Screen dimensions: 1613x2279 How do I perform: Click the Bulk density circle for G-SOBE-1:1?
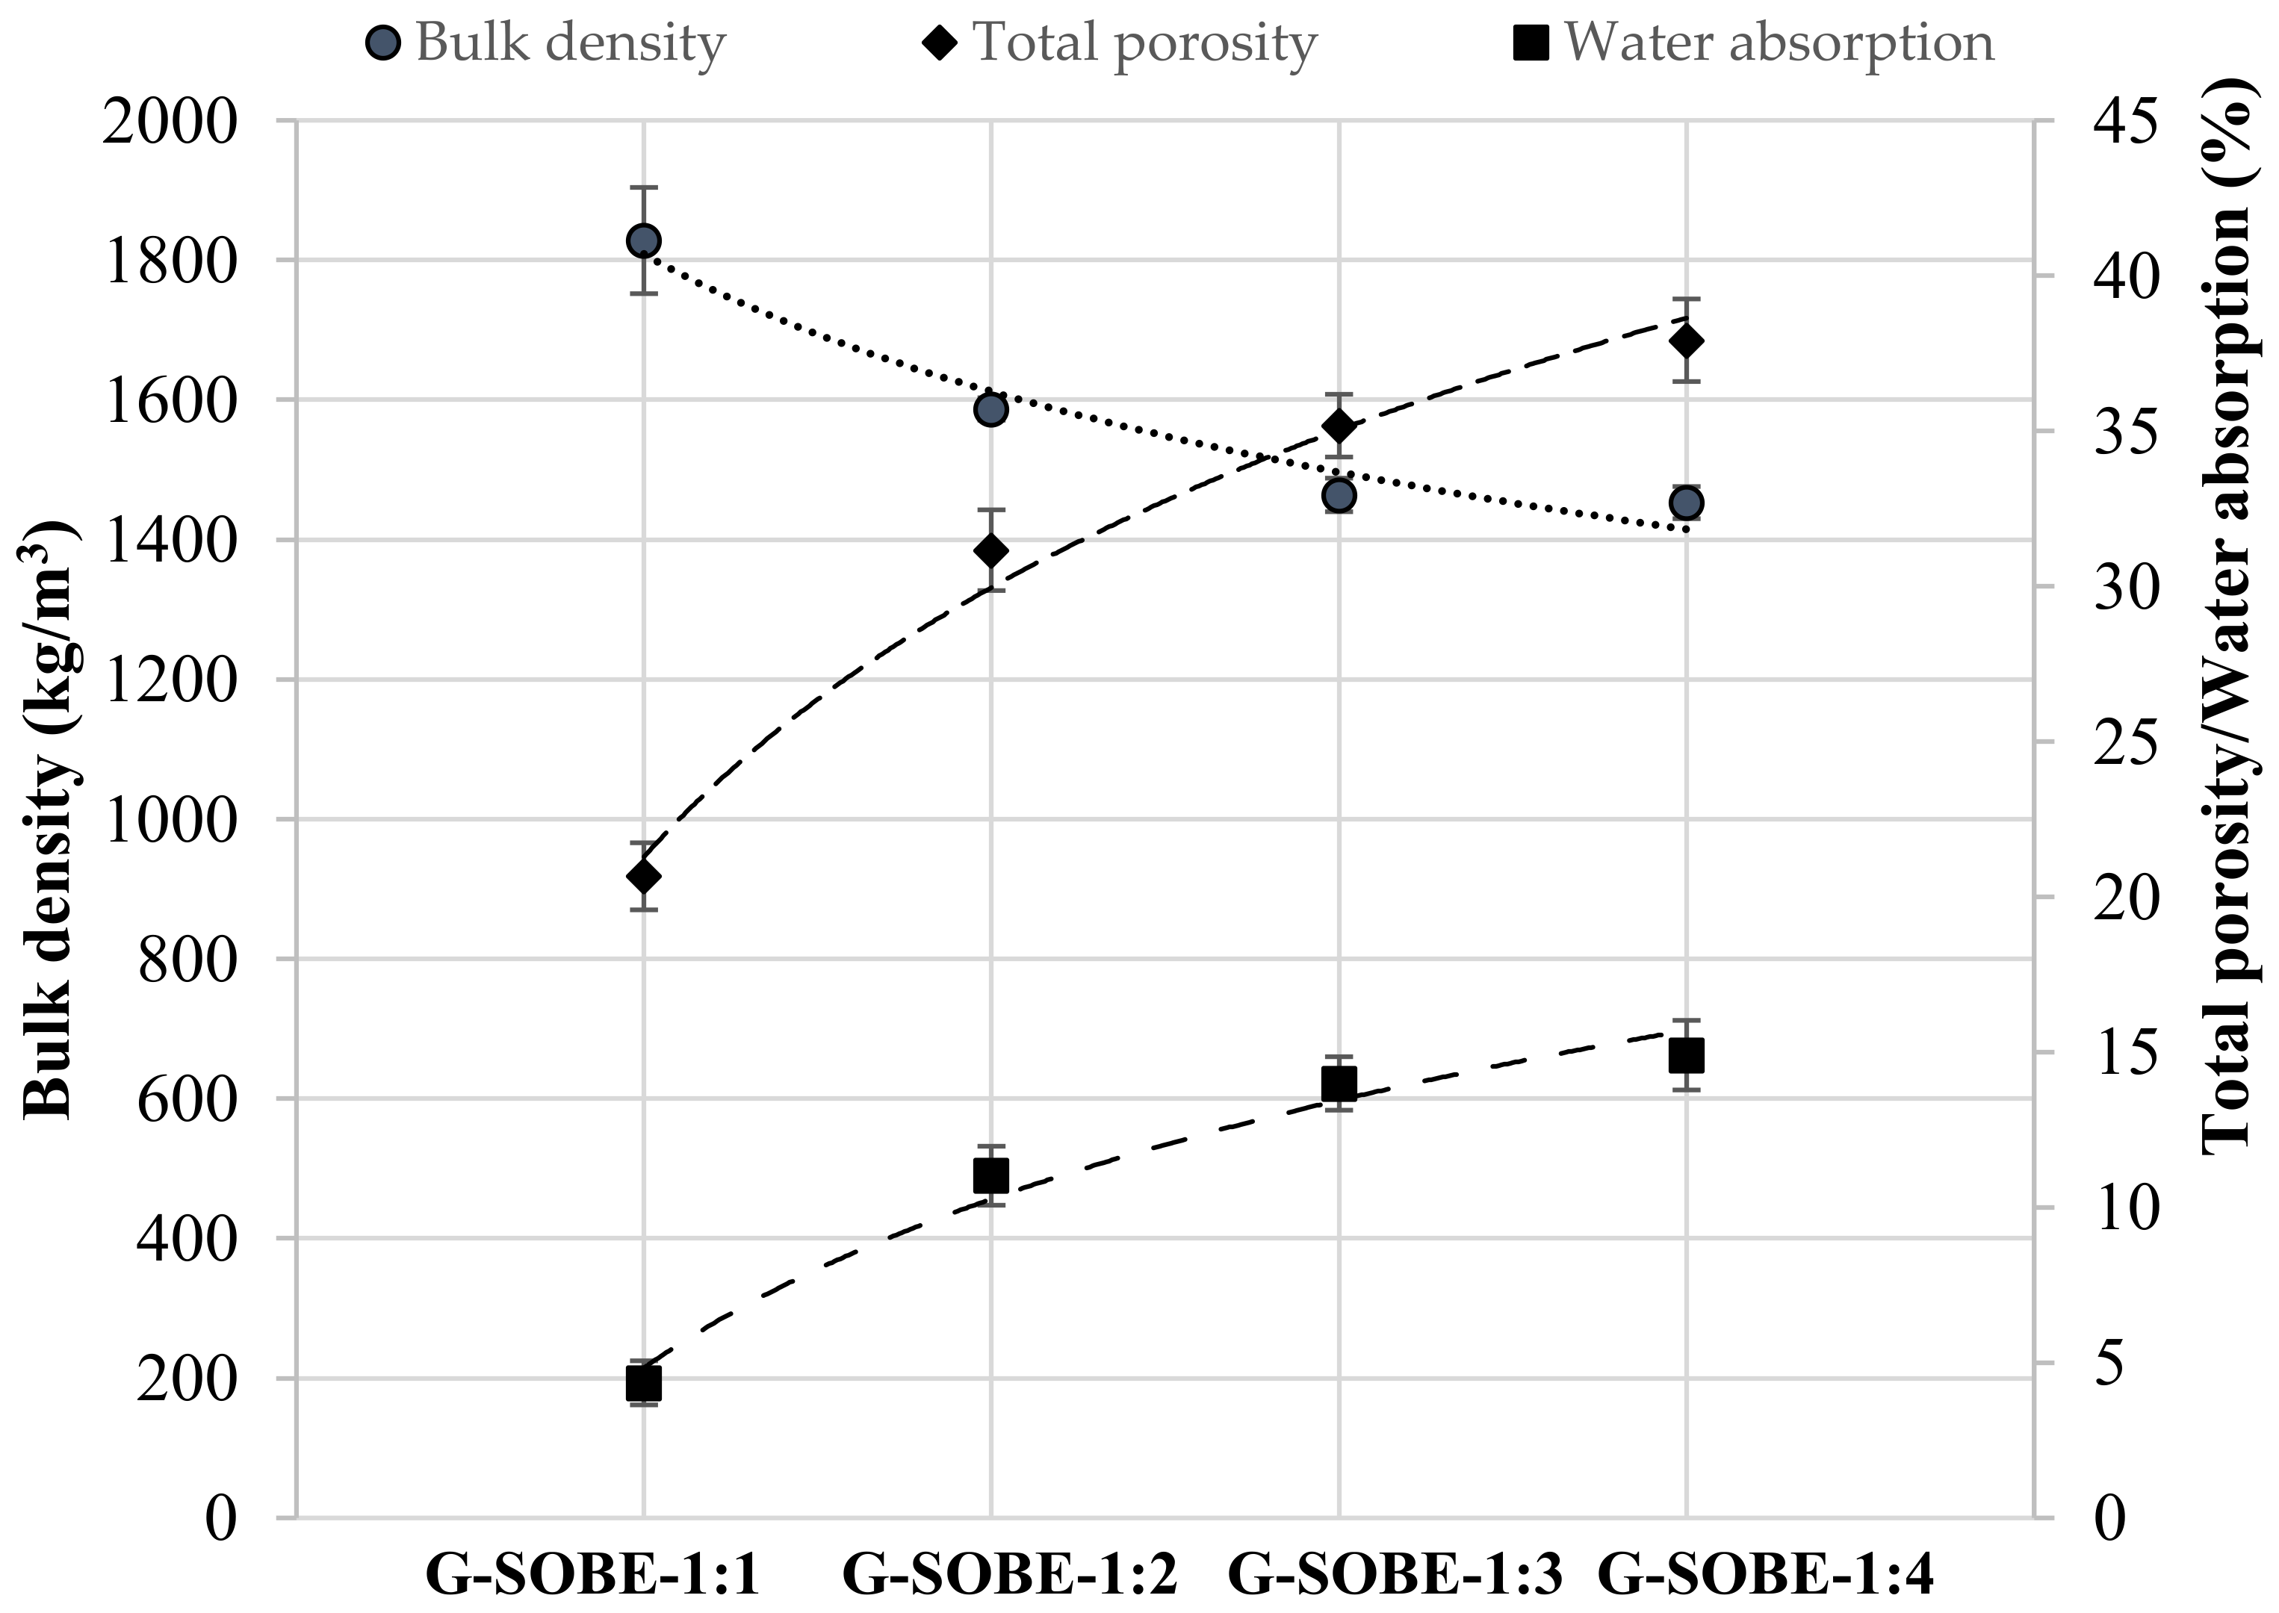coord(644,240)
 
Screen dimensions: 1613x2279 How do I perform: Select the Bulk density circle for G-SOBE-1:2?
coord(990,409)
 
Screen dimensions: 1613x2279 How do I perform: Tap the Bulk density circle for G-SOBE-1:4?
coord(1686,503)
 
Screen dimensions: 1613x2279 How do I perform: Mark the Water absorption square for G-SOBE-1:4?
coord(1686,1056)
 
